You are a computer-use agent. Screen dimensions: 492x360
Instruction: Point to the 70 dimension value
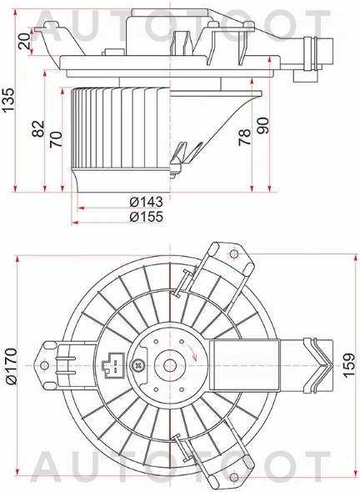click(x=56, y=135)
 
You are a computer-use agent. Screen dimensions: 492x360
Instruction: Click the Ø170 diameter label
click(x=12, y=365)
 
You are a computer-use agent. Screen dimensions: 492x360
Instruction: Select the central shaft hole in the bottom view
click(x=171, y=364)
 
